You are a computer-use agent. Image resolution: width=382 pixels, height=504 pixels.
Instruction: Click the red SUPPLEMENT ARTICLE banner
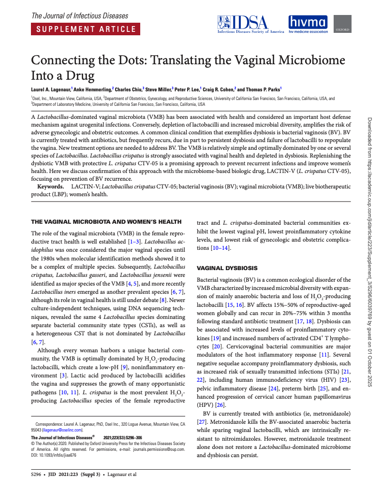coord(86,29)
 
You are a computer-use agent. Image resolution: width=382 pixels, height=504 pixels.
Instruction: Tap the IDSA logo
coord(250,24)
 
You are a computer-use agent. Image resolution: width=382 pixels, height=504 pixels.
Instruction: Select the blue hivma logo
coord(308,24)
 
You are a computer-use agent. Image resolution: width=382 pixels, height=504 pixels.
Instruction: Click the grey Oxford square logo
coord(343,24)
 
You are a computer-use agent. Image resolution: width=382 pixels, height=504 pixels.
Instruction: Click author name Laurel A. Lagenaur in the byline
coord(51,89)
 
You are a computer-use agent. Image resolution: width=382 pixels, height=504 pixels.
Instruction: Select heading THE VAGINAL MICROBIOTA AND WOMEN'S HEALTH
coord(106,222)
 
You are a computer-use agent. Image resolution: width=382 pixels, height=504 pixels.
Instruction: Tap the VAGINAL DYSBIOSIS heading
coord(227,268)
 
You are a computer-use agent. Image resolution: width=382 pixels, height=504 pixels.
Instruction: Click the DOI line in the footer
coord(54,454)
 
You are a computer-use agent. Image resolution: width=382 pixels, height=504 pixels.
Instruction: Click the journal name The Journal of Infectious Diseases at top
coord(80,16)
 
